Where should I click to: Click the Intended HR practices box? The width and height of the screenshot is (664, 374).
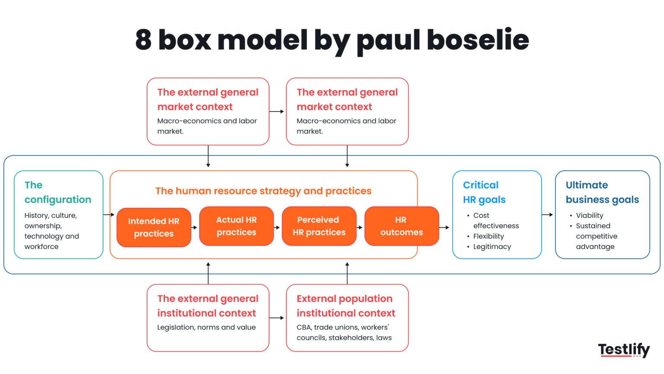point(153,227)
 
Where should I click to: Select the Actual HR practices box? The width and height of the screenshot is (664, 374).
point(236,226)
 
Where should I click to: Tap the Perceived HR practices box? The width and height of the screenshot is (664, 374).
point(319,226)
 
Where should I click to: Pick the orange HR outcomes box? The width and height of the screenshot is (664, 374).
point(402,226)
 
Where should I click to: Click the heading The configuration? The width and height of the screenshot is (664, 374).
point(57,192)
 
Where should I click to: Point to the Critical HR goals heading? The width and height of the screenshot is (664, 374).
point(484,192)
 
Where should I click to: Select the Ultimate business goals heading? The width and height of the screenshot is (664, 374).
point(602,192)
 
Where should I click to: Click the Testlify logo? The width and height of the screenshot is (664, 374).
point(624,350)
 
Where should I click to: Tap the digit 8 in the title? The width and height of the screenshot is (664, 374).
point(144,40)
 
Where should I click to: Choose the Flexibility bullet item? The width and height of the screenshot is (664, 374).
point(488,236)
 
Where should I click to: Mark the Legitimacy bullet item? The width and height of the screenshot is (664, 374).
point(492,247)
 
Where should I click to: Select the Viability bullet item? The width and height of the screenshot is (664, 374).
point(589,216)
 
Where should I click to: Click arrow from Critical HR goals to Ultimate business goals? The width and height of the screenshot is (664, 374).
point(548,215)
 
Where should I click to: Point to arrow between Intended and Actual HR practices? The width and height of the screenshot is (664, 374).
point(195,227)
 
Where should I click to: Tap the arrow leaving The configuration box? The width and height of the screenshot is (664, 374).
point(109,215)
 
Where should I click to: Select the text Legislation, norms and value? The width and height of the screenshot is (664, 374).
point(206,327)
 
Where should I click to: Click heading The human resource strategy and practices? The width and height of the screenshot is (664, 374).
point(263,191)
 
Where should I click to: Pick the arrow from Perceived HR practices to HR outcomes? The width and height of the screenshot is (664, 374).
point(360,227)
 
